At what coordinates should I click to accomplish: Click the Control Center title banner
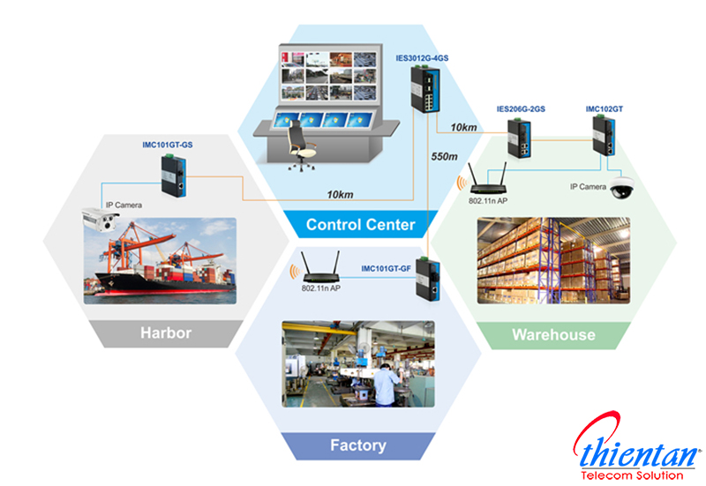tap(360, 225)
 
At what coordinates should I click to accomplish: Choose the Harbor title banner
tap(166, 333)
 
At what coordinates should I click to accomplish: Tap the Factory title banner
tap(357, 445)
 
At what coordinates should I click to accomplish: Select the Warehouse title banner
tap(553, 334)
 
